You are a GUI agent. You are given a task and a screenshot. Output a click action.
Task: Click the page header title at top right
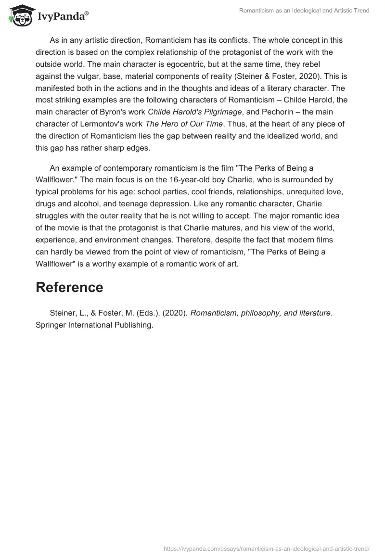point(304,11)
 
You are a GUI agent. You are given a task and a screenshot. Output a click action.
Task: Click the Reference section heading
point(69,287)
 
